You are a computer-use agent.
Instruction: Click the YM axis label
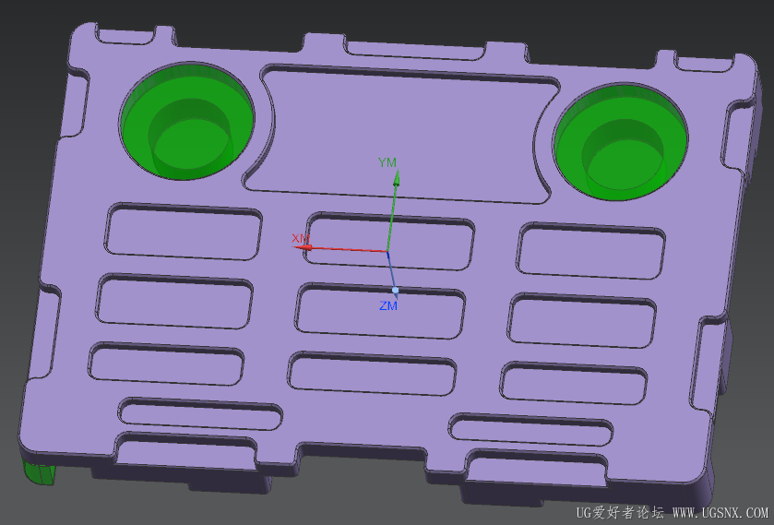387,162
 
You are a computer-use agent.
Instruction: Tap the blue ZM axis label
388,306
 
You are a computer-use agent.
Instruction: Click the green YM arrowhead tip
397,171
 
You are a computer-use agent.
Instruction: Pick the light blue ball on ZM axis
395,290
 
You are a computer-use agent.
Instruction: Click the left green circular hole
187,121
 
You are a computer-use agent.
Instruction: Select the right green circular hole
621,142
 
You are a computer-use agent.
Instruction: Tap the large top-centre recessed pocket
402,135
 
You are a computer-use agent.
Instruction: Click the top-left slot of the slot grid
184,232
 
